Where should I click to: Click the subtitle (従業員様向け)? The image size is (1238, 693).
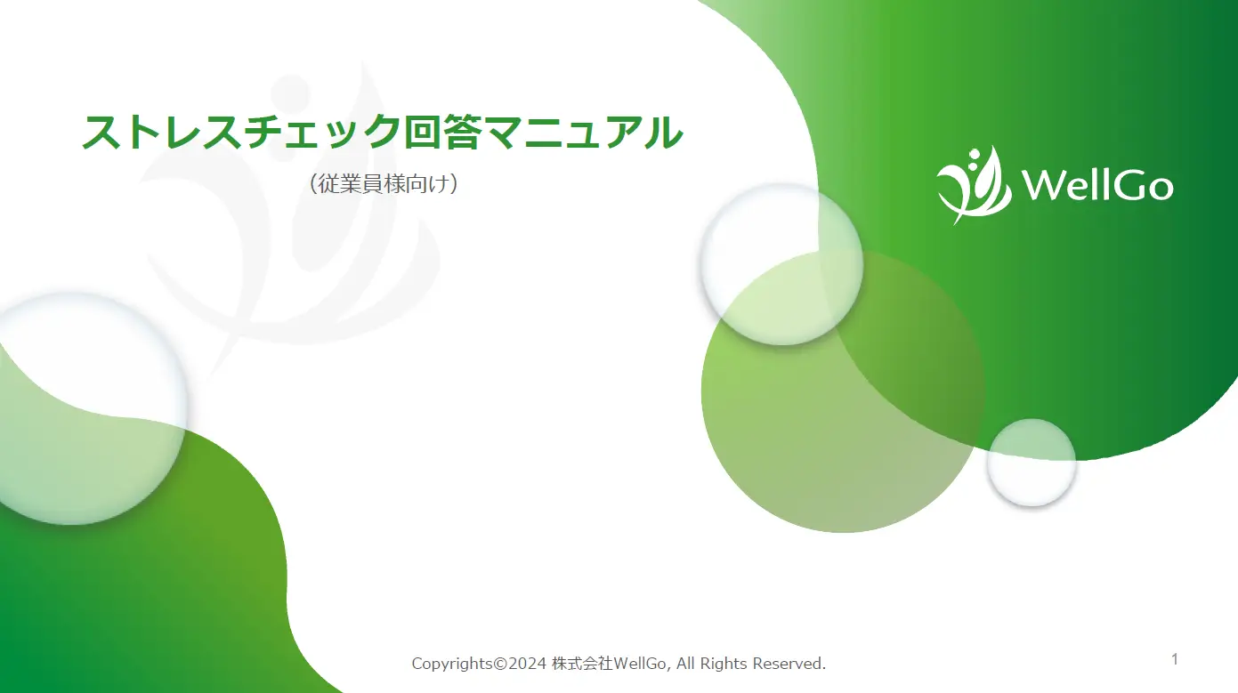384,184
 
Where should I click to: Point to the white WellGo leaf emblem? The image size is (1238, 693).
974,184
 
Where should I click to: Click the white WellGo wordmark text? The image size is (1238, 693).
1096,186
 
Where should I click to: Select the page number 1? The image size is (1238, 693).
1175,659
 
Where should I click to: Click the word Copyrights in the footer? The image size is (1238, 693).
452,664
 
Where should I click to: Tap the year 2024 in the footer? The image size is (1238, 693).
527,664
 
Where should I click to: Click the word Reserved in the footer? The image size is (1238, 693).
789,664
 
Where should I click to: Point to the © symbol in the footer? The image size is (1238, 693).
499,664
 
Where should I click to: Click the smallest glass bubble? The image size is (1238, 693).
1032,463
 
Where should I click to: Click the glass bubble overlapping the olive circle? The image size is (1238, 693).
781,264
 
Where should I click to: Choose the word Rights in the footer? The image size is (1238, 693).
724,664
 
